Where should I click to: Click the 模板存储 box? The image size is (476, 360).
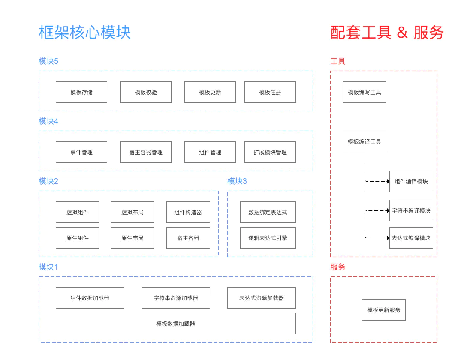[81, 92]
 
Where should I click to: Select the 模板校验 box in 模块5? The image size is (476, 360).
[146, 92]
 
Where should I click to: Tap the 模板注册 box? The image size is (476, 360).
[270, 92]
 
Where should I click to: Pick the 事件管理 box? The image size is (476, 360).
[81, 152]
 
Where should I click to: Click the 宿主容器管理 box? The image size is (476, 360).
[146, 152]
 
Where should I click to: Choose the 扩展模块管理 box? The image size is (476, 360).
[270, 152]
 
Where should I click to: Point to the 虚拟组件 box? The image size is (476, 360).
[78, 212]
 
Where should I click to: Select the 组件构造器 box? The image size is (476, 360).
[188, 212]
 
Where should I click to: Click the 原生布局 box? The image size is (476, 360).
[133, 238]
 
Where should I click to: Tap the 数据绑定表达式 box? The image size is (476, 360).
[268, 212]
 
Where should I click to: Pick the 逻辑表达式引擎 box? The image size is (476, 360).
[268, 238]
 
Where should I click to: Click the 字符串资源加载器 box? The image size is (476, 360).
[176, 298]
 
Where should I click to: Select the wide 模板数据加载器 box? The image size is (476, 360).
[176, 324]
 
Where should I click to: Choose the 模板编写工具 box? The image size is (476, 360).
[365, 92]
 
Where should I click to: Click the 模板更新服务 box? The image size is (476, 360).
[384, 310]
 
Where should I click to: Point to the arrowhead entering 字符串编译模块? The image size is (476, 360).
[387, 210]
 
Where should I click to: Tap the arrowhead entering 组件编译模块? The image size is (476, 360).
[387, 181]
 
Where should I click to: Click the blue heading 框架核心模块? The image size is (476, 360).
[85, 33]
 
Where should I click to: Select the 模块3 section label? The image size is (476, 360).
[237, 181]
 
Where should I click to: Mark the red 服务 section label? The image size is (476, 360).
[338, 267]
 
